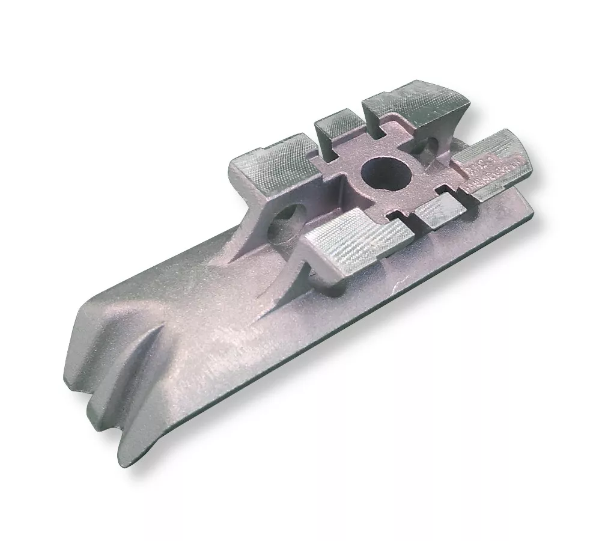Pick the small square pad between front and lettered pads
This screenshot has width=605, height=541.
click(438, 211)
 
